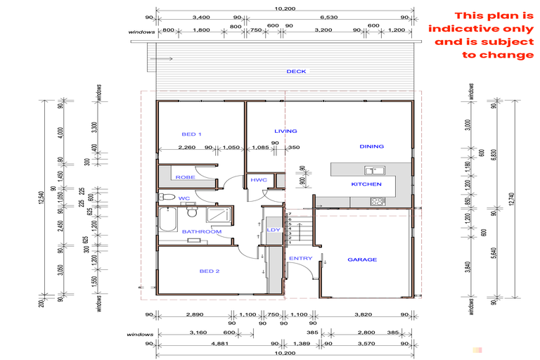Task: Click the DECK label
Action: point(296,72)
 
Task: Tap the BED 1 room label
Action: point(192,134)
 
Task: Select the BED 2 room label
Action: point(210,271)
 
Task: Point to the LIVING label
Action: point(285,131)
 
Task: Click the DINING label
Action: point(372,147)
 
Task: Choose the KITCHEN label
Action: point(366,184)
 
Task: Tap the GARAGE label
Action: point(362,259)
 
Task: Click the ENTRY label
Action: point(301,258)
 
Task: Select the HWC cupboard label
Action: point(258,181)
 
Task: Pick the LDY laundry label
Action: point(273,230)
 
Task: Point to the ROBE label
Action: point(185,177)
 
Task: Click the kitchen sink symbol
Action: point(372,170)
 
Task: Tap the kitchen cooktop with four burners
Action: point(377,202)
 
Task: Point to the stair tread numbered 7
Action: point(289,213)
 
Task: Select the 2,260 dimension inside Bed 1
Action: point(186,148)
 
